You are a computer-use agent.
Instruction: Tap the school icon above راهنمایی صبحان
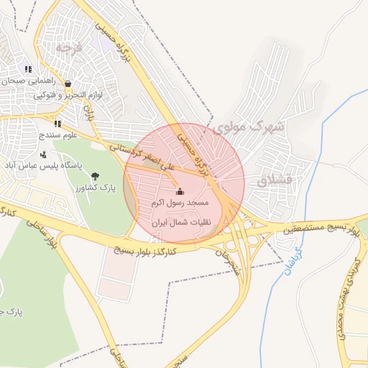(x=28, y=70)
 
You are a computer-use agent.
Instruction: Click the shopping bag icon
(x=68, y=83)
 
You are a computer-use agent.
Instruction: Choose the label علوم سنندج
(x=43, y=134)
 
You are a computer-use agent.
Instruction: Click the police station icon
(x=44, y=154)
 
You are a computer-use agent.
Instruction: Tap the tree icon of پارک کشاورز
(x=96, y=175)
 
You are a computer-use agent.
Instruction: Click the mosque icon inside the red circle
(x=180, y=191)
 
